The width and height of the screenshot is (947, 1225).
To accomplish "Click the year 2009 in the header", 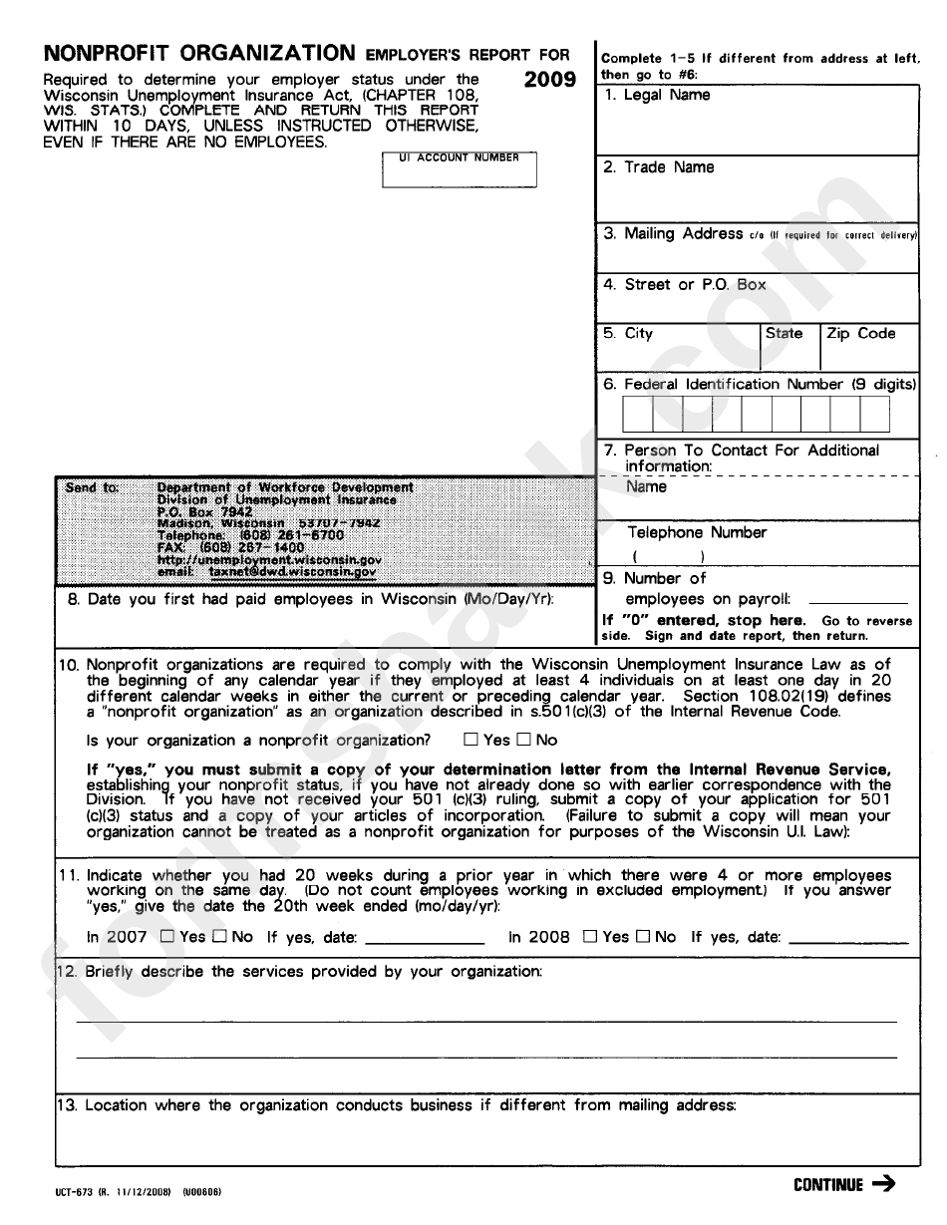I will (x=549, y=81).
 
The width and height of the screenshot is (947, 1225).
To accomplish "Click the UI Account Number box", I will (x=459, y=170).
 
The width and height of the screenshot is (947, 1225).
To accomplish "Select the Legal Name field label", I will (x=666, y=96).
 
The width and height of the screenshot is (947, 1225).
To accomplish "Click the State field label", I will (x=784, y=334).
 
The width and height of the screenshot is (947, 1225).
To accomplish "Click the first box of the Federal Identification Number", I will (x=637, y=414).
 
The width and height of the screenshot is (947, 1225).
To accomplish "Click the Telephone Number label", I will (x=696, y=533).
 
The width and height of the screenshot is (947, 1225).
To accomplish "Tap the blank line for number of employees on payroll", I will (x=857, y=600).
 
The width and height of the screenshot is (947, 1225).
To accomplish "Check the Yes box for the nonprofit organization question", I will (x=471, y=741).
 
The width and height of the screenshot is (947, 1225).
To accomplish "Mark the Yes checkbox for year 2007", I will (x=166, y=937).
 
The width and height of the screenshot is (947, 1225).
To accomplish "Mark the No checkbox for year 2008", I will (x=643, y=937).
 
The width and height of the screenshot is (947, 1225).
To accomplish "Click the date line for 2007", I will (x=425, y=940).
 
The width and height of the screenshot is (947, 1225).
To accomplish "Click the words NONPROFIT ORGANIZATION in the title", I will (x=199, y=54).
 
